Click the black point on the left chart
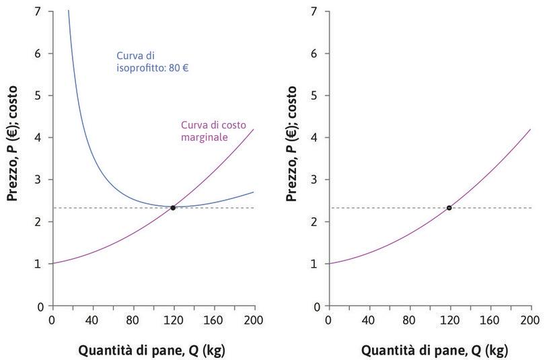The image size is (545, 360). tap(173, 208)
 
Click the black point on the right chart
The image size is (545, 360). tap(449, 208)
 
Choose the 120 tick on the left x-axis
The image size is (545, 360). tap(174, 320)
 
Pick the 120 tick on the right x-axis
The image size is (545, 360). tap(449, 320)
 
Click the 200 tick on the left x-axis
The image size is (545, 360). tap(254, 320)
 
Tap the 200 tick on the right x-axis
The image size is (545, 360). tap(530, 320)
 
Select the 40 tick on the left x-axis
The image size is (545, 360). tap(92, 320)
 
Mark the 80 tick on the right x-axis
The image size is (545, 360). tap(409, 320)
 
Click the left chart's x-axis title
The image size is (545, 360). tap(153, 350)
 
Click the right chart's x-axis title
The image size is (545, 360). tap(429, 350)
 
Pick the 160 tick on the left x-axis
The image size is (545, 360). tap(214, 320)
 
